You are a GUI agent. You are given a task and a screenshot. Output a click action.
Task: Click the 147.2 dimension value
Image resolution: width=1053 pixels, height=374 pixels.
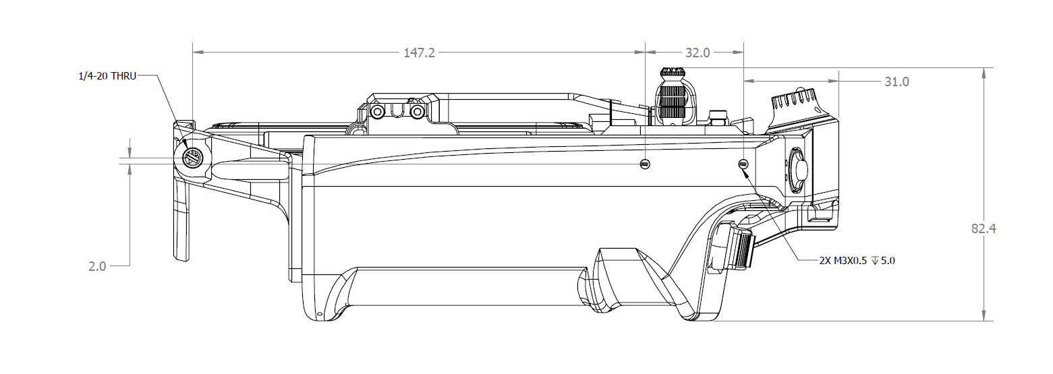[419, 53]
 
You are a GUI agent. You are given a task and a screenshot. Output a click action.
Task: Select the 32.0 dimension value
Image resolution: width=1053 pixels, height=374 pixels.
[697, 53]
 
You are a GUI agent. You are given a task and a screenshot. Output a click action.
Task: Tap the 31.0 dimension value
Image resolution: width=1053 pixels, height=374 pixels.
[897, 82]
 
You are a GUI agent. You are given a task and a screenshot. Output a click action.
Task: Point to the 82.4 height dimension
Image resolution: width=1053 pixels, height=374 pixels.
[984, 228]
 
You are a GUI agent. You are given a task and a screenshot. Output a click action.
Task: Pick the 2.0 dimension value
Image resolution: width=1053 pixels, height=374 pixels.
[97, 266]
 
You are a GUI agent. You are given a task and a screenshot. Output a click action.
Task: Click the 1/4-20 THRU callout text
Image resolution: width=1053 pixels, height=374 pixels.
[107, 76]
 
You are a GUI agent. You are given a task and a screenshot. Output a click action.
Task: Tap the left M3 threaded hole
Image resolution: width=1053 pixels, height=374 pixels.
[646, 164]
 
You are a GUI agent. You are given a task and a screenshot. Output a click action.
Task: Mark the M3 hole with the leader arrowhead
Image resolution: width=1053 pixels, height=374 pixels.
[743, 164]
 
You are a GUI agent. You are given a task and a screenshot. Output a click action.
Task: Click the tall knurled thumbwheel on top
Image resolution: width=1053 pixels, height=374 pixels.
[672, 98]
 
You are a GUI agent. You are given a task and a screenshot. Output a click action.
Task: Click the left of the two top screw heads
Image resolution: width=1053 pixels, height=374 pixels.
[378, 111]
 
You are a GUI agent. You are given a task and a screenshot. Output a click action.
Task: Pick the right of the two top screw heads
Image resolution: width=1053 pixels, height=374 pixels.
[418, 111]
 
